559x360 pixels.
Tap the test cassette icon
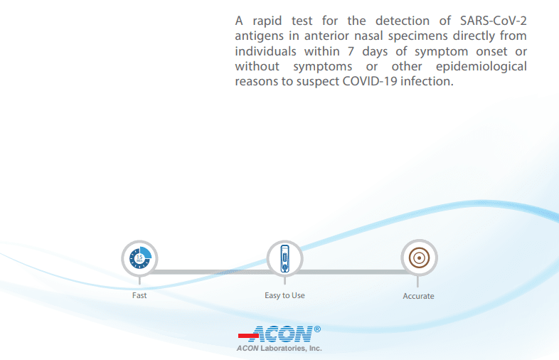284,258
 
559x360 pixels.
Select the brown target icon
419,257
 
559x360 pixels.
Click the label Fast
139,295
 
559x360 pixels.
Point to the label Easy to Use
284,295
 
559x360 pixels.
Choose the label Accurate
418,296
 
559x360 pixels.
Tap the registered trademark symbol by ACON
317,329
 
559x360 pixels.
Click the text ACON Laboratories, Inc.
279,349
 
